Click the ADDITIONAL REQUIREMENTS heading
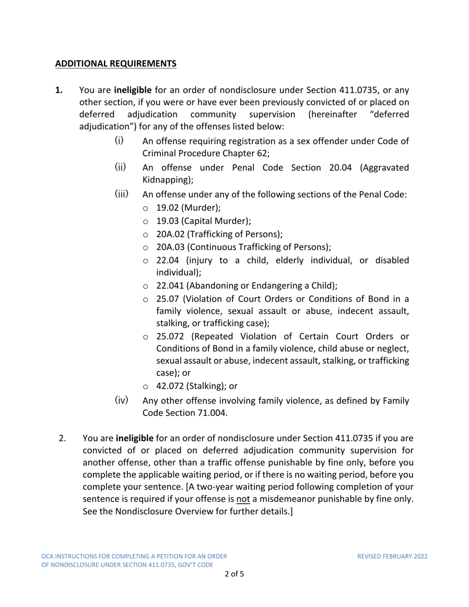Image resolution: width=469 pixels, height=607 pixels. pos(115,64)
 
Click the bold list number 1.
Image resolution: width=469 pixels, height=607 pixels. pos(59,91)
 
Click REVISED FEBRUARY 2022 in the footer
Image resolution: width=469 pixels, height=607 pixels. pos(392,556)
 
